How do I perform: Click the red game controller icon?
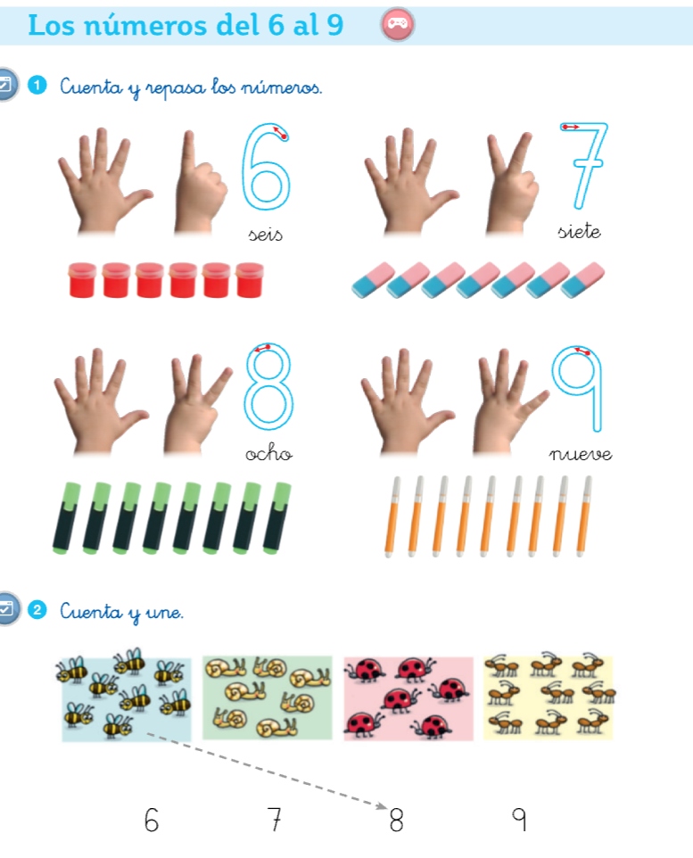pos(398,24)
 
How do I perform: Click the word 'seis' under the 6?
pos(266,235)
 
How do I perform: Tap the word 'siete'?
pos(579,232)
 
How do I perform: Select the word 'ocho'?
pos(268,453)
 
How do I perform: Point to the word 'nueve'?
pos(581,454)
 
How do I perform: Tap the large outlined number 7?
pos(587,163)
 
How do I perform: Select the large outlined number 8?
pos(268,386)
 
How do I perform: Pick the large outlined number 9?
pos(597,394)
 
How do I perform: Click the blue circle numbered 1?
pos(37,86)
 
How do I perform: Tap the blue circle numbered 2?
pos(37,609)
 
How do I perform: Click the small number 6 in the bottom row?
pos(151,820)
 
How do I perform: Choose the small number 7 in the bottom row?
pos(275,819)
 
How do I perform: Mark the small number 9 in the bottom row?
pos(519,819)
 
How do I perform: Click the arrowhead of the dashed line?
pos(382,805)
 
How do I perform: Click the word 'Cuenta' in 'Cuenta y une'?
pos(91,611)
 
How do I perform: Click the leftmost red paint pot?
pos(82,280)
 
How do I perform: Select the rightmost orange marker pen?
pos(583,516)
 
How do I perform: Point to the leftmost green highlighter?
pos(66,517)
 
